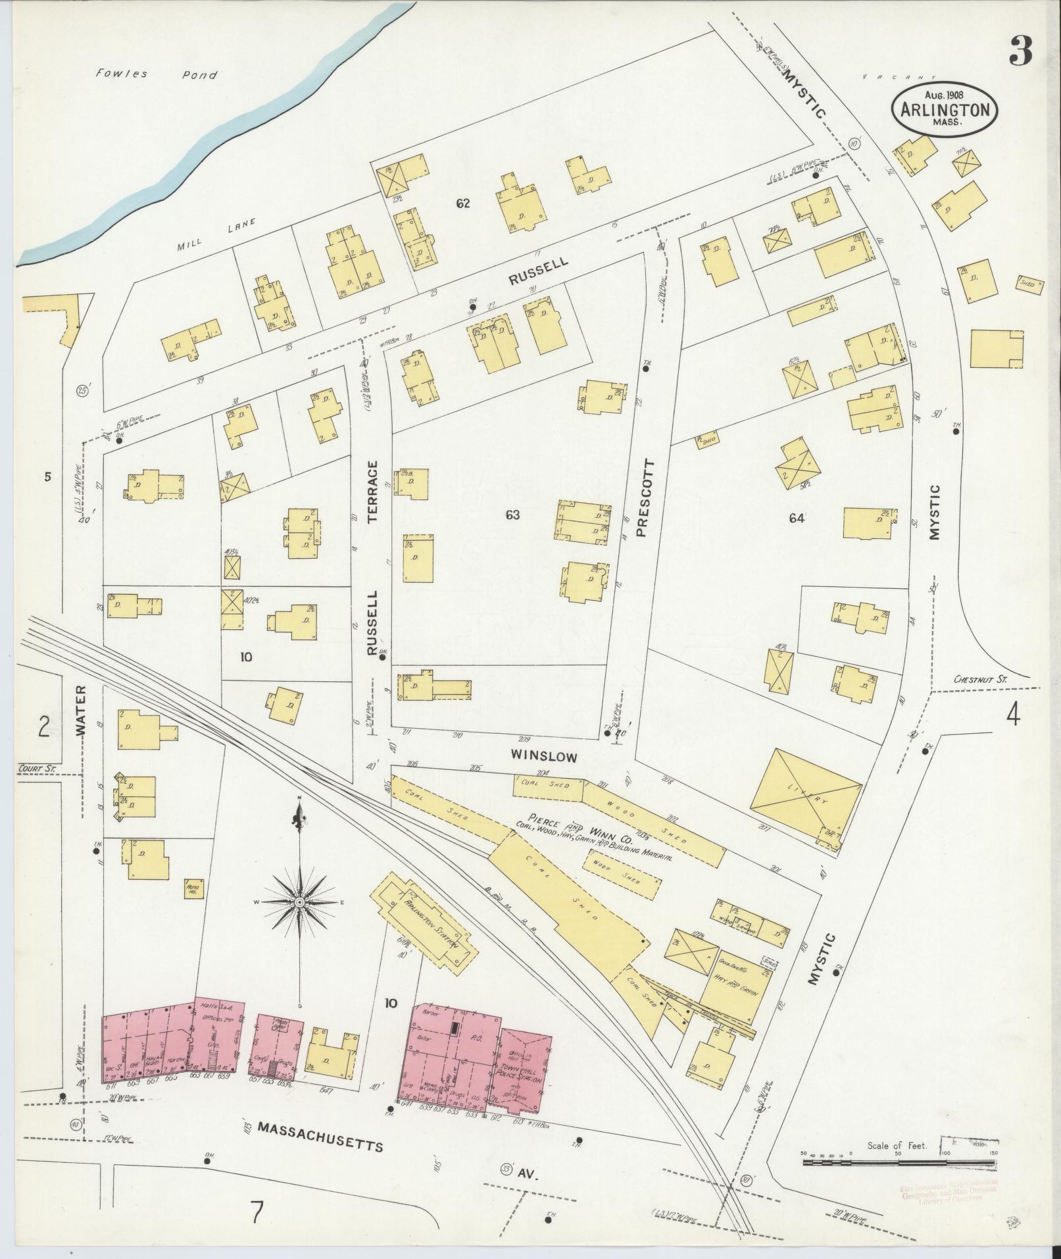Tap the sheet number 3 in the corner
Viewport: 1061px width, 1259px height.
point(1020,51)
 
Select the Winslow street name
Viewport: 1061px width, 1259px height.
point(545,757)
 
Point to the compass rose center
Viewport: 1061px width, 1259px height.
point(300,901)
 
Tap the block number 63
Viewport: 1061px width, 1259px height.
point(512,515)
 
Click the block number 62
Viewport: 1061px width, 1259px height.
point(463,204)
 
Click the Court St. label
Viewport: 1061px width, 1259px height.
point(37,767)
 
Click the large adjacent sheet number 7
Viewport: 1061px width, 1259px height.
point(257,1210)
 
